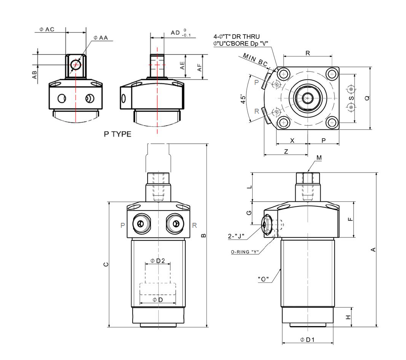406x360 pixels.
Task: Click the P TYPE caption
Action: click(118, 134)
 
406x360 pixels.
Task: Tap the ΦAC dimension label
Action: click(47, 30)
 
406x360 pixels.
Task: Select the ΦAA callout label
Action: click(100, 38)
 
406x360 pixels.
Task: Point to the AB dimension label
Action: click(35, 75)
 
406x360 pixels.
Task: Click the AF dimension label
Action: click(199, 68)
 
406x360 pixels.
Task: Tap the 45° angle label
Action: click(243, 98)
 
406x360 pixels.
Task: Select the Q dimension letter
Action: click(367, 98)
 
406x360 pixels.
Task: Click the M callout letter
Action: click(319, 158)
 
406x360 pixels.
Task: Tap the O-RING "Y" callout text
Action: click(245, 252)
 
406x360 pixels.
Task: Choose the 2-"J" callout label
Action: click(236, 236)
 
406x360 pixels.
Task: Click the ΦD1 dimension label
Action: click(308, 340)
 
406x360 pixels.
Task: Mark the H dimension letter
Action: click(348, 317)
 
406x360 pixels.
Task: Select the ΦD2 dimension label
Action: click(158, 261)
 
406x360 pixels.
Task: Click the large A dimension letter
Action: click(373, 250)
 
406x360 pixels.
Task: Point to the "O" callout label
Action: click(263, 279)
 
